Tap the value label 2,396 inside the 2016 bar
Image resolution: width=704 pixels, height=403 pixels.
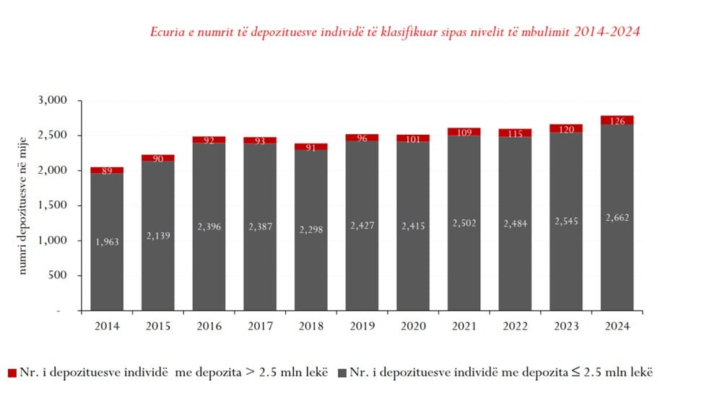209,226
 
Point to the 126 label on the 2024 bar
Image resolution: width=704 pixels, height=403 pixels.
616,120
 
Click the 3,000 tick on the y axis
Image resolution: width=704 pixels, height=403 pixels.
54,100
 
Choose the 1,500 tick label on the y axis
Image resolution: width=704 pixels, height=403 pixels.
54,205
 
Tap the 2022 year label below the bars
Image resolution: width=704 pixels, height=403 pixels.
514,326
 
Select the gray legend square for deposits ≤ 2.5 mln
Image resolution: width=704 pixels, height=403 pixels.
342,373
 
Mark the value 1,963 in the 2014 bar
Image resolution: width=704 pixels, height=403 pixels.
107,242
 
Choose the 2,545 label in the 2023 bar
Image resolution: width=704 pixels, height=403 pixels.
565,221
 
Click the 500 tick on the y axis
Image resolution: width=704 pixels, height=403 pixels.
61,275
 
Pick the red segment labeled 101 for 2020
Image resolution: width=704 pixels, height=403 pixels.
412,138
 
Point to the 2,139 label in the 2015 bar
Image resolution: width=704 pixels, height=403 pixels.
157,236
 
